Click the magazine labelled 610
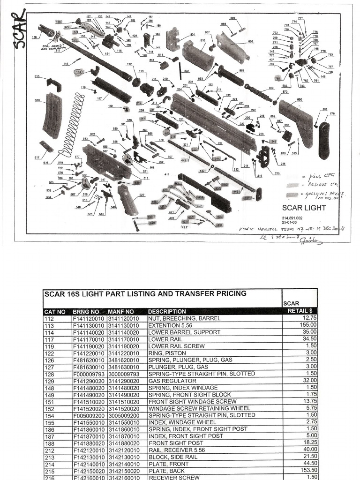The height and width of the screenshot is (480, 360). tap(52, 115)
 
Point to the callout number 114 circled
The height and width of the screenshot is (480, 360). tap(79, 72)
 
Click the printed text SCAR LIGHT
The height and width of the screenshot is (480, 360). tap(304, 208)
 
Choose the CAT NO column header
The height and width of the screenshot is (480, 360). tap(55, 311)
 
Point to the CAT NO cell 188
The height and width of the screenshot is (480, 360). tap(50, 443)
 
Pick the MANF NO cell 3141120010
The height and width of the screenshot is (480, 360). tap(126, 318)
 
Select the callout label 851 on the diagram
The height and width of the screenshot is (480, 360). tap(241, 71)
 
